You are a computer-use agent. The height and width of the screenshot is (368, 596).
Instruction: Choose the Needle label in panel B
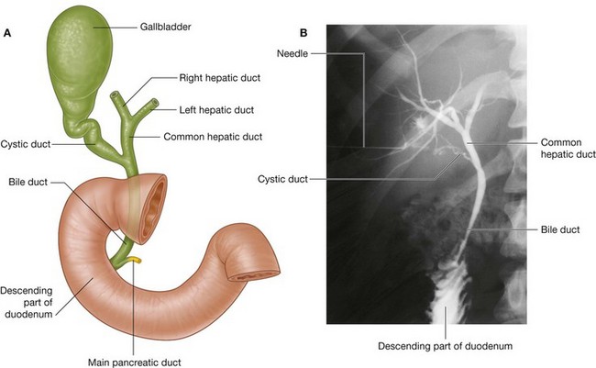[x=294, y=52]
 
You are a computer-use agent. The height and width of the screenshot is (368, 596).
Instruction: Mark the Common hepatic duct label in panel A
[x=212, y=136]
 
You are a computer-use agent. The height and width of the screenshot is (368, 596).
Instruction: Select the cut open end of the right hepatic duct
[x=116, y=95]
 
